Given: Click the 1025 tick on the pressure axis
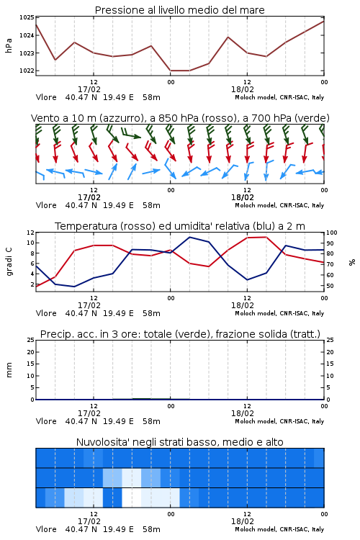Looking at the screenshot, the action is coord(26,17).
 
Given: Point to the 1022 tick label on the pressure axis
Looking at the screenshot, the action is coord(26,71).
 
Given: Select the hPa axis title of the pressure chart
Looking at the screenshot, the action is coord(9,45).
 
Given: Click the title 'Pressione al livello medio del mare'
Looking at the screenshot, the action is coord(180,10).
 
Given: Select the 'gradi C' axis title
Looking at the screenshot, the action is coord(9,261).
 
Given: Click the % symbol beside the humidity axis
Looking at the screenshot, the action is coord(352,262).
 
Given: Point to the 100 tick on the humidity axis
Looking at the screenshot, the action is coord(332,233).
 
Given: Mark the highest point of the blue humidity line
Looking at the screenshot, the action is coord(190,237).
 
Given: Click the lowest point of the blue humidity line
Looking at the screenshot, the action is coord(74,287).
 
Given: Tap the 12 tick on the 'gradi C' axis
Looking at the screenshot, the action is coord(30,233).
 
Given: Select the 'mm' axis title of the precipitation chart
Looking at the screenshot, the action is coord(9,369).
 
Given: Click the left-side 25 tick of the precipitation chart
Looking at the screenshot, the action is coord(31,340).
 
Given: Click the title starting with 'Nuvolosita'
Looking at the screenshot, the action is coord(180,442).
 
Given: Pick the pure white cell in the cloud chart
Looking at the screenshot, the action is coord(132,498).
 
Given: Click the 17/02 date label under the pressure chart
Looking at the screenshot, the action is coord(89,89).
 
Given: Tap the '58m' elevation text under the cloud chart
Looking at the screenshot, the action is coord(152,529).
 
